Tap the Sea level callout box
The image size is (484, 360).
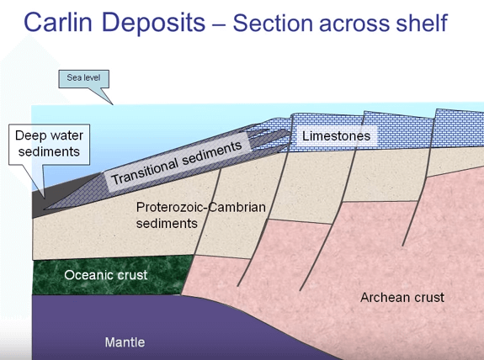(x=83, y=79)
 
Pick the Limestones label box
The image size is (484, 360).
(x=336, y=135)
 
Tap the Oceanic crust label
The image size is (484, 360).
(x=105, y=274)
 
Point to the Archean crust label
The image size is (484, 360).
(x=402, y=297)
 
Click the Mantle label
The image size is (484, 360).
(x=125, y=341)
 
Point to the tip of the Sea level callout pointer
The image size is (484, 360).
(x=114, y=103)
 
